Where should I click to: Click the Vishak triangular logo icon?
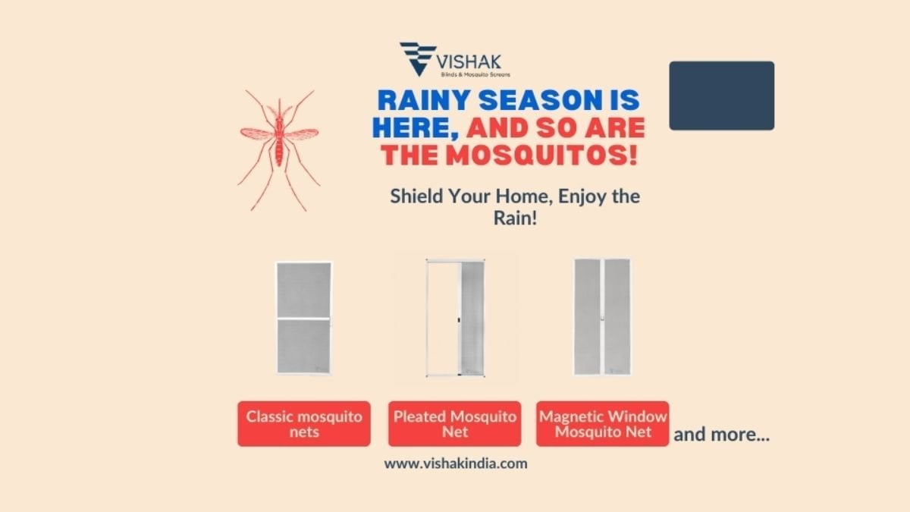click(x=418, y=58)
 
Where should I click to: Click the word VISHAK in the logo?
click(x=469, y=62)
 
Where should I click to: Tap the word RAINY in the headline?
click(x=424, y=100)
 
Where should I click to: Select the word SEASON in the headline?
click(x=540, y=100)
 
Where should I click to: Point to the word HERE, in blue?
click(x=416, y=128)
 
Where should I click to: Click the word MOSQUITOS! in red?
click(x=541, y=155)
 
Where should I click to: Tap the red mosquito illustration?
click(x=279, y=150)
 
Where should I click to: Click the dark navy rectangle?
click(x=721, y=96)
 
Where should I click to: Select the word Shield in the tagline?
click(x=416, y=196)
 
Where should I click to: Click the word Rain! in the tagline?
click(x=515, y=218)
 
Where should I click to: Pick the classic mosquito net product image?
click(x=304, y=318)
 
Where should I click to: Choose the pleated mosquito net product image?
click(x=456, y=318)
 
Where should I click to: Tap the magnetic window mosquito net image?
click(x=602, y=316)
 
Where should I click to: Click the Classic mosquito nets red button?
click(x=304, y=424)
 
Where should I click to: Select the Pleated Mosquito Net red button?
click(x=454, y=424)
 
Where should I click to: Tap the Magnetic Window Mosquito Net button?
click(x=602, y=424)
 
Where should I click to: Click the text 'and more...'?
click(x=721, y=435)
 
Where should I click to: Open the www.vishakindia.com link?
click(x=456, y=463)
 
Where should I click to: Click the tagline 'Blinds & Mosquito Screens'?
click(x=475, y=75)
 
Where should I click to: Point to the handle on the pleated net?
click(x=459, y=320)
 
